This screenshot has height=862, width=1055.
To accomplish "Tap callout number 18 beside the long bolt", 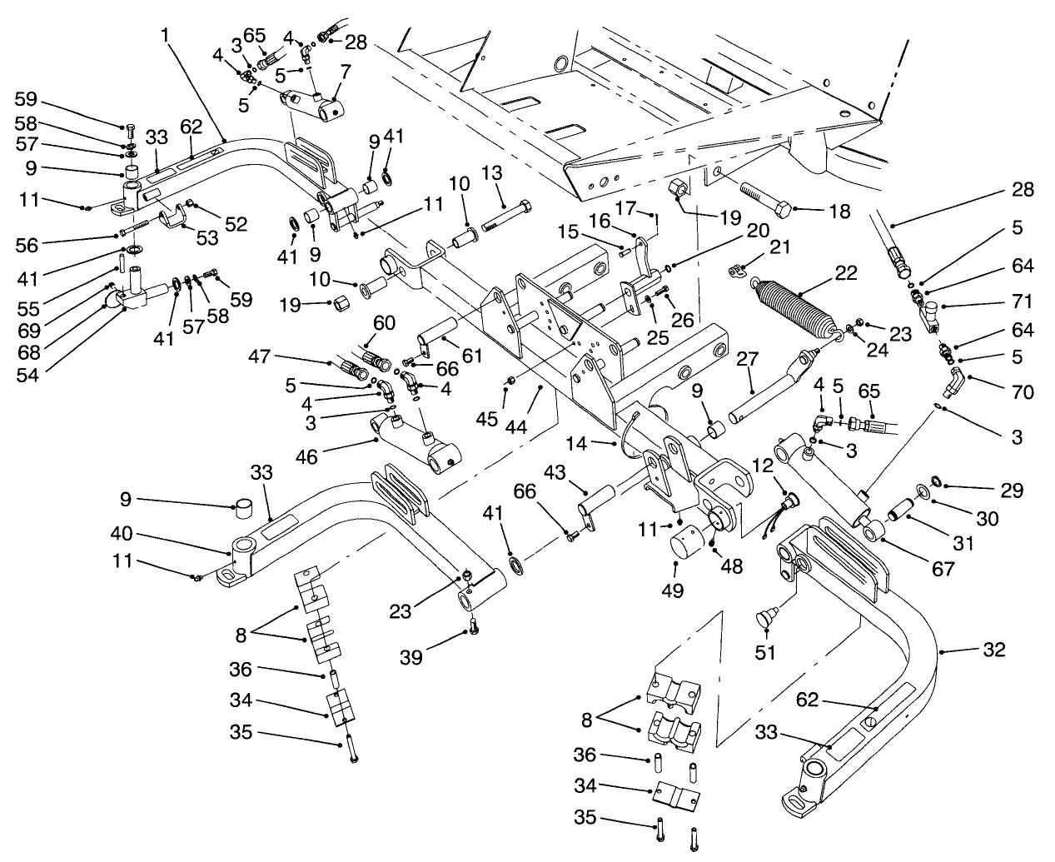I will (839, 212).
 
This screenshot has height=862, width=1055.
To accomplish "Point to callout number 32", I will (993, 649).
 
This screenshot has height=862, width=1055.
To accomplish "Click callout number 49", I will (674, 591).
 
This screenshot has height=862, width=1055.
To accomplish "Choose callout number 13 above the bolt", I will (491, 172).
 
